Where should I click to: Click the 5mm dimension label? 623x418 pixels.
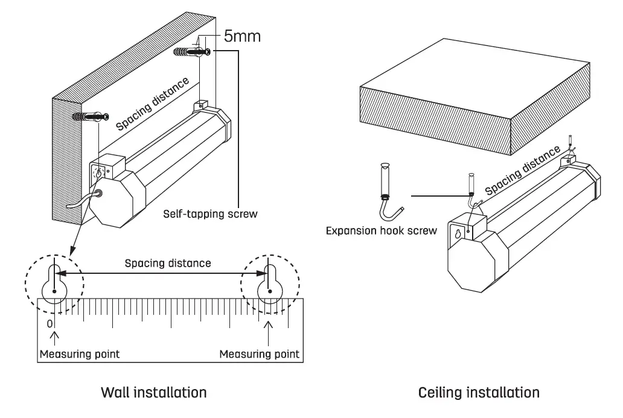coord(242,36)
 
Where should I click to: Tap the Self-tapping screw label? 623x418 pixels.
coord(210,214)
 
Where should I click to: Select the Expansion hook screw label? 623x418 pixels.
coord(381,230)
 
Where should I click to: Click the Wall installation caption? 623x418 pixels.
coord(154,393)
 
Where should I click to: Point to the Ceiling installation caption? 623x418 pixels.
coord(479,393)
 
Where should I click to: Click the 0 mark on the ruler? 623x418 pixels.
coord(50,324)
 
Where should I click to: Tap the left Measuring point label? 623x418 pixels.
coord(80,354)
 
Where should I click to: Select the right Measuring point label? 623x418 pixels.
coord(259,354)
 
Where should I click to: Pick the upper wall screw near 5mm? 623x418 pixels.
coord(193,52)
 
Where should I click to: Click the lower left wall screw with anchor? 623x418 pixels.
coord(91,116)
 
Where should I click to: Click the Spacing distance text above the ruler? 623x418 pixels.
coord(168,263)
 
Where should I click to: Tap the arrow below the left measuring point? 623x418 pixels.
coord(54,340)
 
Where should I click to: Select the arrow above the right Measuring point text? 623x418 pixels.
coord(269,333)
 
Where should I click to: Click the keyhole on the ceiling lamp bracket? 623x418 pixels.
coord(458,233)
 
